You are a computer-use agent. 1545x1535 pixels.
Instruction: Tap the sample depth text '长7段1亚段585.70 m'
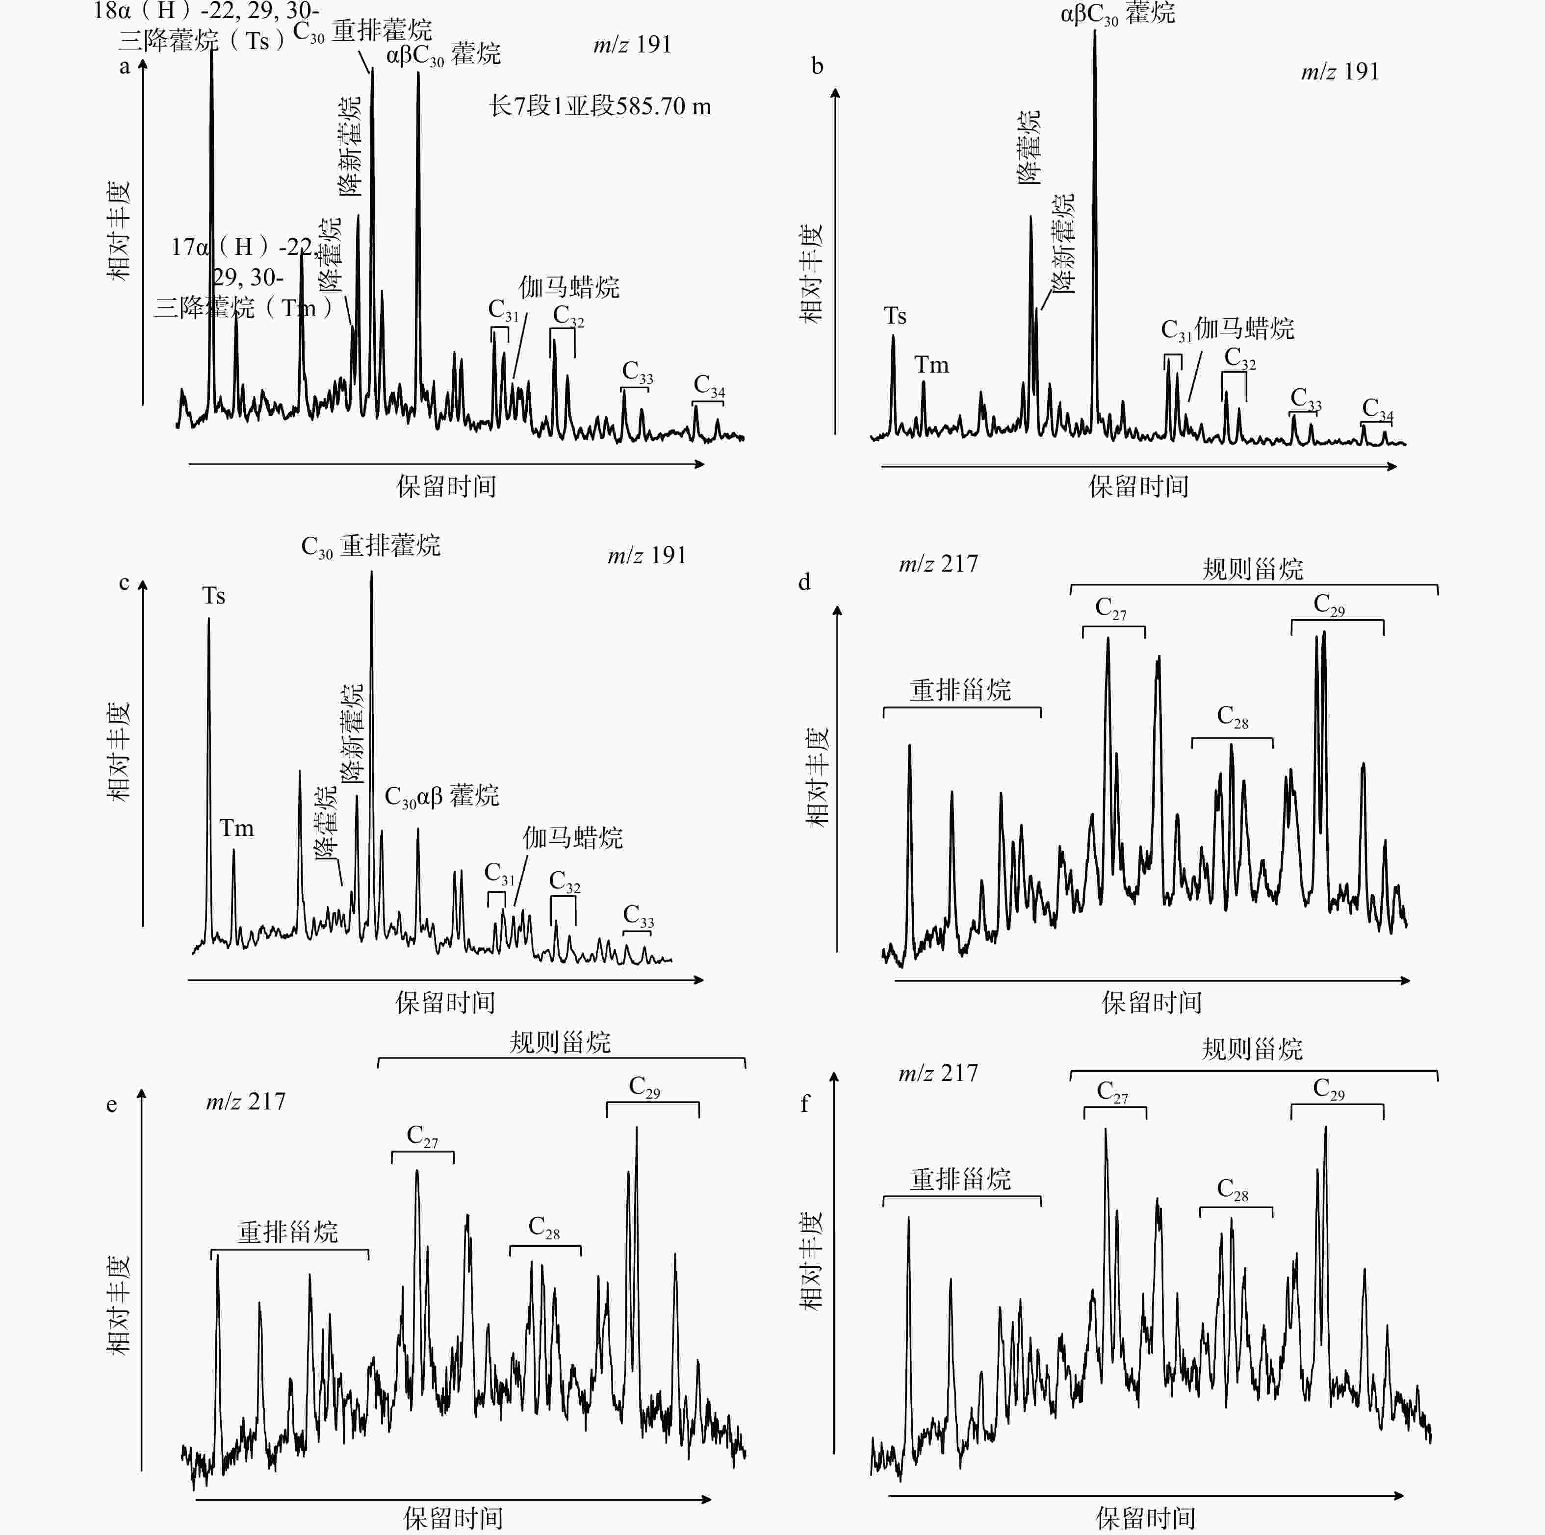click(600, 106)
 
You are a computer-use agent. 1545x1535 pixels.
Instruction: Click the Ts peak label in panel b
click(895, 317)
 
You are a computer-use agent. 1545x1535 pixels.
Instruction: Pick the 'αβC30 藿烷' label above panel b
click(1117, 14)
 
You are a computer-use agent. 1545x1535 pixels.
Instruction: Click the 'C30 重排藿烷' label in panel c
click(370, 547)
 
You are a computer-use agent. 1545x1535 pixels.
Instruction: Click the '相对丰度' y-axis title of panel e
click(118, 1304)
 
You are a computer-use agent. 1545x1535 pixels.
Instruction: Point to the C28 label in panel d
click(1232, 717)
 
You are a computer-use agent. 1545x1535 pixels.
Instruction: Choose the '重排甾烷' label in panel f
click(960, 1179)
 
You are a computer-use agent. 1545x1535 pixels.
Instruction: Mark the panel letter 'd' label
click(804, 582)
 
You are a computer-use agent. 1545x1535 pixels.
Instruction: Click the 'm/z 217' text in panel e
click(246, 1102)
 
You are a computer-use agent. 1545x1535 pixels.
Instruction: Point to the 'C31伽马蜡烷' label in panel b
click(1227, 328)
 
